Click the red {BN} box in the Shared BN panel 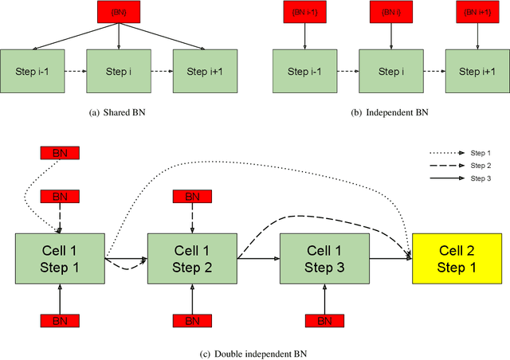coord(117,12)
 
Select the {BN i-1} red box coord(303,12)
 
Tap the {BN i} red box coord(390,12)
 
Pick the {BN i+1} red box coord(476,12)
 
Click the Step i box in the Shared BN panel coord(117,71)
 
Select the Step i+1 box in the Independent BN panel coord(476,71)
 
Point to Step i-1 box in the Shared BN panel coord(31,71)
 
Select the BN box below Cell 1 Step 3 coord(324,320)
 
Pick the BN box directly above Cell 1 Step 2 coord(192,195)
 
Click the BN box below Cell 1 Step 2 coord(192,320)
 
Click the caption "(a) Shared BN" coord(117,112)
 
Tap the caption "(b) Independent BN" coord(390,112)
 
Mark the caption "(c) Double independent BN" coord(255,353)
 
